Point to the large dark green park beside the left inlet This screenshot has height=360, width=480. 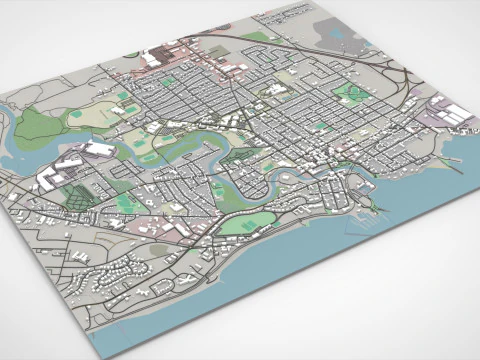pyautogui.click(x=38, y=126)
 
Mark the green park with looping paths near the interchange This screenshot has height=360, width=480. pyautogui.click(x=351, y=94)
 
